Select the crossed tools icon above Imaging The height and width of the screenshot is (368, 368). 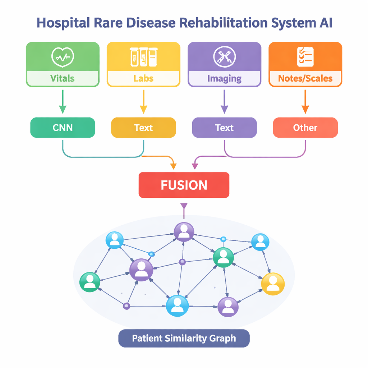(224, 56)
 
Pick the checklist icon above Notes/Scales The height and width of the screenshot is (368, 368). (305, 56)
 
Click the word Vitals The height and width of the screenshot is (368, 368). (63, 78)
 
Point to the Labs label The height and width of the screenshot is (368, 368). (143, 78)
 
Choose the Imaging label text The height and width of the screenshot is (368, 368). (224, 78)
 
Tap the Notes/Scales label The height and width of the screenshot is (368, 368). (305, 78)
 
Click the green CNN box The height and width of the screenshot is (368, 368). (63, 128)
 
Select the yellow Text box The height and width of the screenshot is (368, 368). (143, 128)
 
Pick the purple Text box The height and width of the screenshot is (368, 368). (224, 128)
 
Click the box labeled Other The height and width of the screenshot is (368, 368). (305, 128)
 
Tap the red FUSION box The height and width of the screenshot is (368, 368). (184, 185)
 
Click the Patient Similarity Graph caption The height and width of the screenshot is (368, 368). (184, 338)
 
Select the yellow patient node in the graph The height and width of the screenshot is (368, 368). (273, 284)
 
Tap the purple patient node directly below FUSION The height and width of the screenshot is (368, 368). (184, 232)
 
